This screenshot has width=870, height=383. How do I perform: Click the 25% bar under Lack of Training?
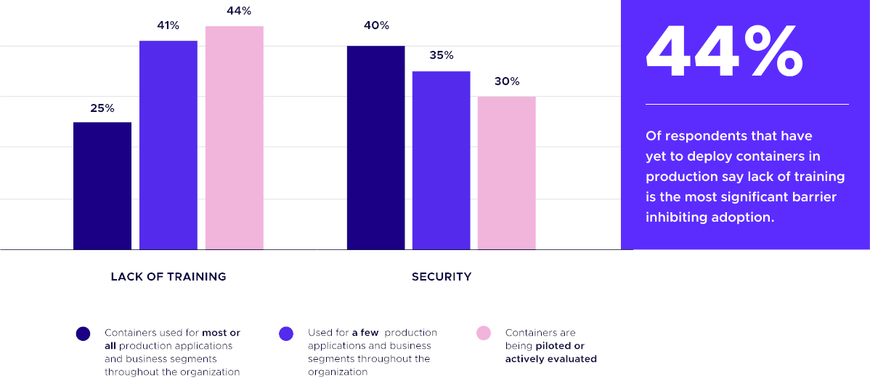point(102,186)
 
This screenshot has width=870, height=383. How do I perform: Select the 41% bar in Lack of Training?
point(168,145)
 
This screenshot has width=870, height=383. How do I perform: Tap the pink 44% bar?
point(234,138)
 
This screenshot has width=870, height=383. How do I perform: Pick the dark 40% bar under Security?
point(375,148)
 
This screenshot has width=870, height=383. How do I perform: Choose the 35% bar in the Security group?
point(441,161)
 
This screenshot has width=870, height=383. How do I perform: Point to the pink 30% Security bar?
point(506,173)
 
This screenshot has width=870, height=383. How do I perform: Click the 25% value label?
point(102,108)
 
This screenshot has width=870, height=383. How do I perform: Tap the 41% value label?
point(168,25)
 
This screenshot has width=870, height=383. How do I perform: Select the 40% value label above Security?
point(376,25)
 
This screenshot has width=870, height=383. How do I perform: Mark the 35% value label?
point(441,55)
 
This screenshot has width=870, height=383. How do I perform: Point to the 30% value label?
point(507,81)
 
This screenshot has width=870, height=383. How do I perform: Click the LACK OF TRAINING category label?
point(168,277)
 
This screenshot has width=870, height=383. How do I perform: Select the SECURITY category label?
point(442,277)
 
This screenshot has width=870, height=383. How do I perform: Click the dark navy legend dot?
point(83,334)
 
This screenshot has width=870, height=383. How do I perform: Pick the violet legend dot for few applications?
point(286,334)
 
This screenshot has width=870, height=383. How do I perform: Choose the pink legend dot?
point(484,334)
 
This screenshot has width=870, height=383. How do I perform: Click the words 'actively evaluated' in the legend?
point(550,359)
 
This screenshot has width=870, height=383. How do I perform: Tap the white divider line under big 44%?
point(747,104)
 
